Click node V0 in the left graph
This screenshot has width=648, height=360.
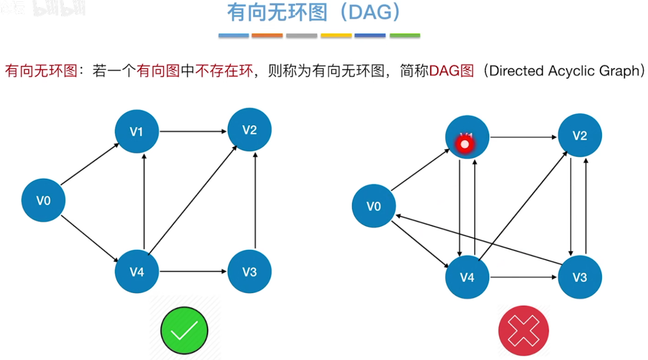(x=43, y=201)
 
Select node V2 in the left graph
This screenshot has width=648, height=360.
(x=249, y=130)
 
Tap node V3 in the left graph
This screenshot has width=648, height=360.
(x=249, y=272)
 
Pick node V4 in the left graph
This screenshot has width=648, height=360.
(x=137, y=272)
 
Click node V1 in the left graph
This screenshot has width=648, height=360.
(x=137, y=131)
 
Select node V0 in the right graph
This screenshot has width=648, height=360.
(x=374, y=206)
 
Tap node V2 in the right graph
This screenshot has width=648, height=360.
(x=580, y=135)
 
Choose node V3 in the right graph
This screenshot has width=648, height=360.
(x=580, y=277)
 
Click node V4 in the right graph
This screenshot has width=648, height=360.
(x=467, y=277)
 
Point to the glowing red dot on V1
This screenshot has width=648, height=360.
(x=465, y=144)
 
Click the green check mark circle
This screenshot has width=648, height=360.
(x=184, y=331)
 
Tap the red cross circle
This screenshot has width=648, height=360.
(x=523, y=331)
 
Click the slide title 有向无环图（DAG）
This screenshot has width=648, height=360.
(x=314, y=13)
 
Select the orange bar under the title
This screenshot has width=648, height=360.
(x=267, y=36)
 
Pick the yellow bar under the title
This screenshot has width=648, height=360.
(x=336, y=36)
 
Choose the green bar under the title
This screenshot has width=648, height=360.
(x=405, y=36)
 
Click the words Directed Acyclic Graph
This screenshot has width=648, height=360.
(x=564, y=71)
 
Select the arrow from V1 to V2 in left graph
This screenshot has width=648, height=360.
(x=193, y=131)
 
